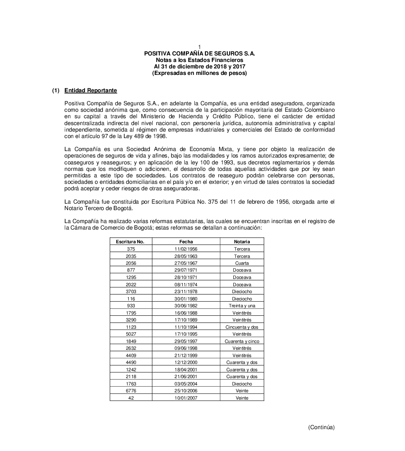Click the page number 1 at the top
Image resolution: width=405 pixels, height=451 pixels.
pyautogui.click(x=200, y=48)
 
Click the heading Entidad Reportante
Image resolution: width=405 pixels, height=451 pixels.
pyautogui.click(x=91, y=91)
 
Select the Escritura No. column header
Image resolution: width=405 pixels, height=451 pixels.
pyautogui.click(x=130, y=242)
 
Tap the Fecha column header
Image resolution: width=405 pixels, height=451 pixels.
pyautogui.click(x=186, y=242)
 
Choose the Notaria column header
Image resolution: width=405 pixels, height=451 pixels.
pyautogui.click(x=242, y=242)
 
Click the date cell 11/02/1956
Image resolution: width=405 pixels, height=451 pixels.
pyautogui.click(x=186, y=249)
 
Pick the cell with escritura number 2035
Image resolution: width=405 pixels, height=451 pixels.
pyautogui.click(x=131, y=256)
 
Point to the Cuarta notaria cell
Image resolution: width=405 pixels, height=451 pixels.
pyautogui.click(x=242, y=263)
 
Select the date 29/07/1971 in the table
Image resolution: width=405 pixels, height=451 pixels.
pyautogui.click(x=186, y=270)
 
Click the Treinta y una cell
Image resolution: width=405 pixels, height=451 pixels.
pyautogui.click(x=242, y=306)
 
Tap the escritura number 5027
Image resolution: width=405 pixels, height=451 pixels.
pyautogui.click(x=131, y=334)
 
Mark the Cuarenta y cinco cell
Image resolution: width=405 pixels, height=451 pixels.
pyautogui.click(x=242, y=341)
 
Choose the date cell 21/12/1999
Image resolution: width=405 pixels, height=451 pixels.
pyautogui.click(x=186, y=355)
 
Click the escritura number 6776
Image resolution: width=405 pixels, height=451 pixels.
pyautogui.click(x=131, y=391)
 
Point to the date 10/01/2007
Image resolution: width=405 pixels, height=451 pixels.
pyautogui.click(x=186, y=398)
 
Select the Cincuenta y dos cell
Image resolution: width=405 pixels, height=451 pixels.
pyautogui.click(x=242, y=327)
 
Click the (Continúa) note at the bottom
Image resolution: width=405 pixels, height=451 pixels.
pyautogui.click(x=321, y=427)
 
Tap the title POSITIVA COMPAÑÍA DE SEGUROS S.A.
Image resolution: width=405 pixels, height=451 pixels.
pyautogui.click(x=200, y=53)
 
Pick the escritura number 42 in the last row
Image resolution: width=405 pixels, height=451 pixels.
pyautogui.click(x=131, y=398)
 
